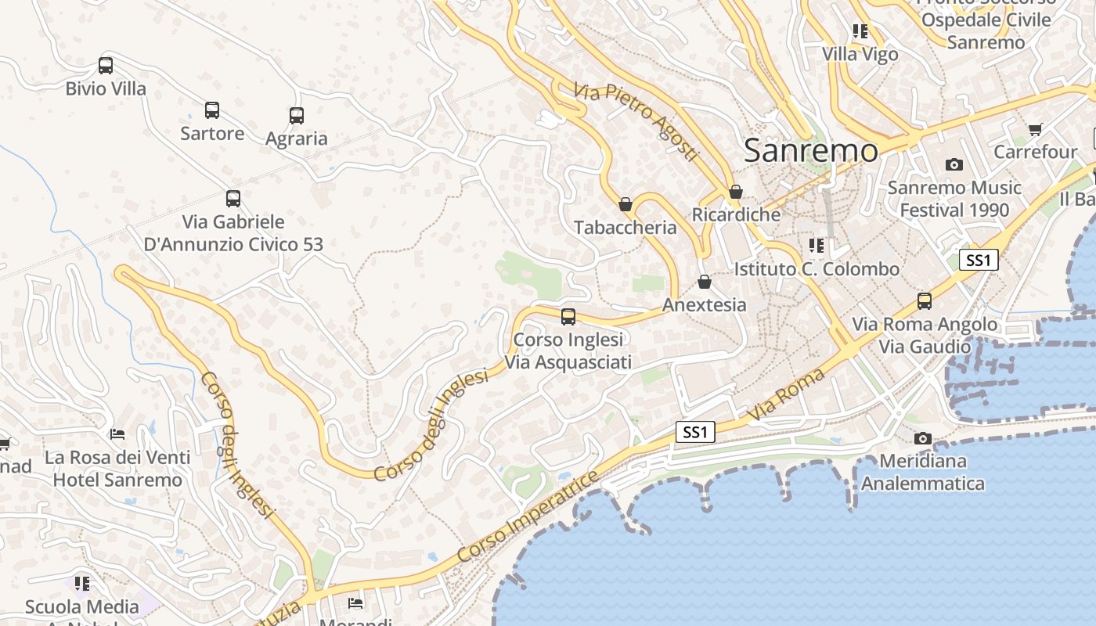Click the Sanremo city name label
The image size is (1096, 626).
pos(810,149)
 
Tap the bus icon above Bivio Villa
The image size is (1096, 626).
pos(106,66)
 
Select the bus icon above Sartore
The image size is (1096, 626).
pos(212,110)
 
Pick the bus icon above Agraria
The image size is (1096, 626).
pos(297,116)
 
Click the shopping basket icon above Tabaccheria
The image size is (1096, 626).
pos(626,204)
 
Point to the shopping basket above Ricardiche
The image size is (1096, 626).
pos(735,192)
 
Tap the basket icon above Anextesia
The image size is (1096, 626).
pos(705,282)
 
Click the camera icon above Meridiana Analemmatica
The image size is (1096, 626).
pos(923,438)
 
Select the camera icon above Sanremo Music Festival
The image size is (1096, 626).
pos(954,164)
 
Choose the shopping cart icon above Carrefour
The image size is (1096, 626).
pos(1036,129)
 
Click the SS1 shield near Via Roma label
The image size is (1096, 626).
pos(695,432)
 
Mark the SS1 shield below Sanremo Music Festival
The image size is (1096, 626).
pos(979,260)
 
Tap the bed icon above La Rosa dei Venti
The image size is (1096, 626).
pos(117,434)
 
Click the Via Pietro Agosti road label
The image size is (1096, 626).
pos(635,122)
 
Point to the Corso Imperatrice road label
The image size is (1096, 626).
pos(528,516)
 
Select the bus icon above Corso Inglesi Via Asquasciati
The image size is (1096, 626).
pos(568,317)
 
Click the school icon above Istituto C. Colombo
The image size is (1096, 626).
pos(817,246)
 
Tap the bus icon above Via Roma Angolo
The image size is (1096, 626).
pos(925,301)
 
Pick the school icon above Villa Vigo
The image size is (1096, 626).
pos(860,31)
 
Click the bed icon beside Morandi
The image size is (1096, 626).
pos(355,603)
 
